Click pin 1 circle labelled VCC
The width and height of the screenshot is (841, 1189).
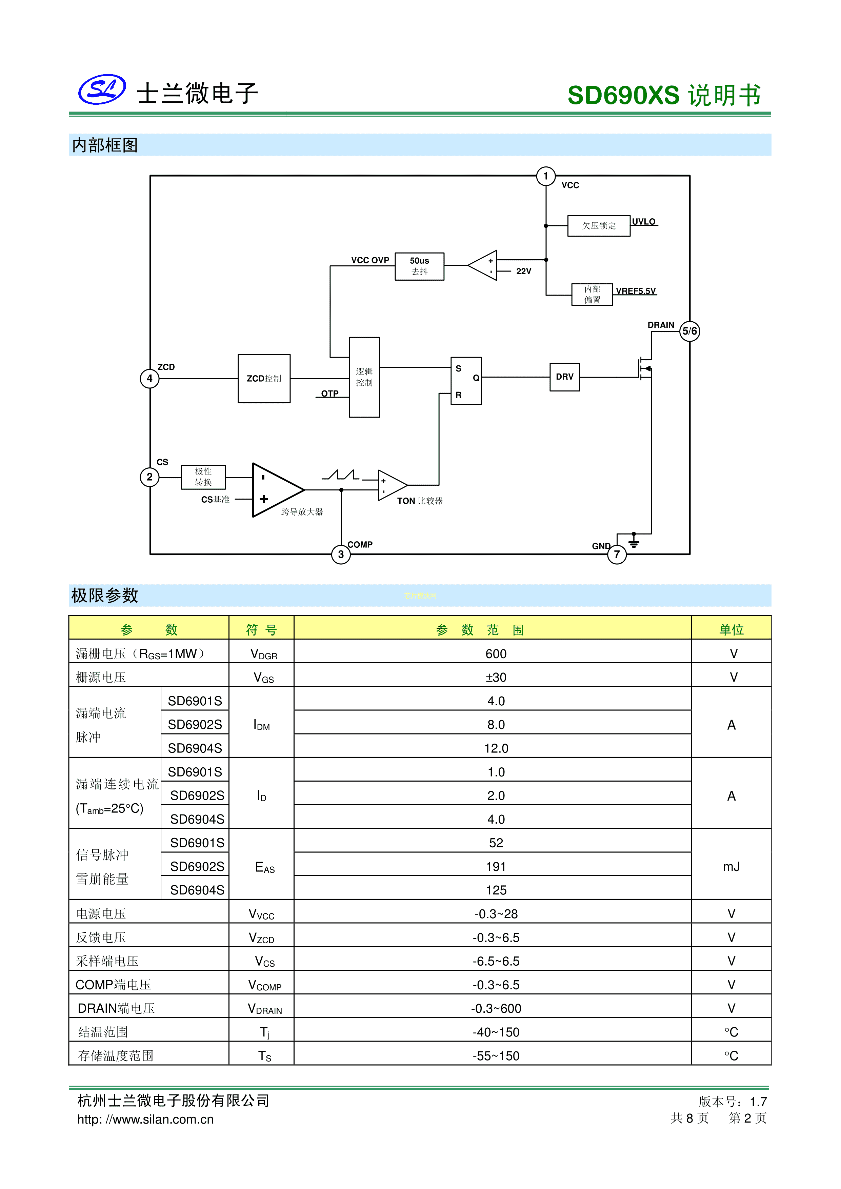545,176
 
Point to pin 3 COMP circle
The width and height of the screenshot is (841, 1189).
341,554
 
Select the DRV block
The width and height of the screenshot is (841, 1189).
564,377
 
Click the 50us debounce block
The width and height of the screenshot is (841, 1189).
419,266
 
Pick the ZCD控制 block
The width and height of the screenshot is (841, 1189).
264,379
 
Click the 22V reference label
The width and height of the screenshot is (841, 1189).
524,271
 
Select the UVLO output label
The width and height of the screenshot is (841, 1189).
644,222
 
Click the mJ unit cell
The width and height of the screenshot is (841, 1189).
731,866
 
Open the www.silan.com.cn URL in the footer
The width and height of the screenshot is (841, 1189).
145,1119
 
